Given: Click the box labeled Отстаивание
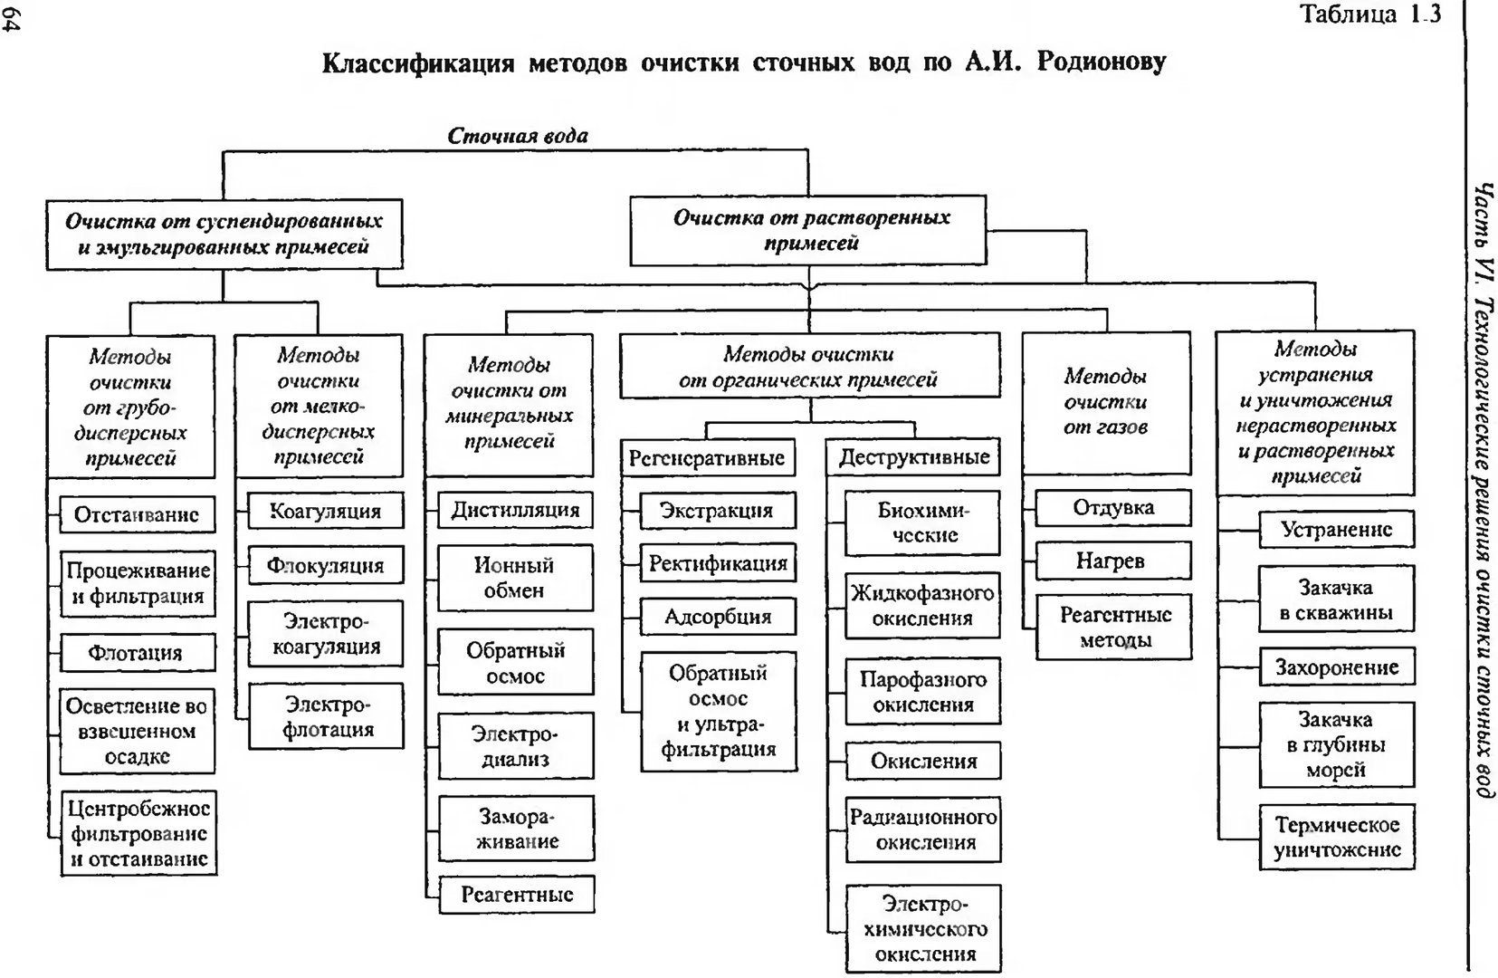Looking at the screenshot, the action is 137,514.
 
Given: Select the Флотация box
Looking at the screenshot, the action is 137,653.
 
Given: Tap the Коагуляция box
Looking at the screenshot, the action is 326,511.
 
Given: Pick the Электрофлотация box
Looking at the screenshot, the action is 327,715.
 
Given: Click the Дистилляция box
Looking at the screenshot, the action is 515,510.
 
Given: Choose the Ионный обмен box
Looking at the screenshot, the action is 515,578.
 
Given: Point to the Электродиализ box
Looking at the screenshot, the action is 516,746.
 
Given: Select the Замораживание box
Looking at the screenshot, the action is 516,829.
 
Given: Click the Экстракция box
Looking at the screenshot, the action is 718,511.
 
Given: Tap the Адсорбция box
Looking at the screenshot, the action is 719,616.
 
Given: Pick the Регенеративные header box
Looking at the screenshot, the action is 708,457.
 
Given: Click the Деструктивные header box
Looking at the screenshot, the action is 913,457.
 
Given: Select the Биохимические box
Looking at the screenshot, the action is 922,523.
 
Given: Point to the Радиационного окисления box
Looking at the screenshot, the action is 923,829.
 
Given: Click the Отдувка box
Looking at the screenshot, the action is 1113,508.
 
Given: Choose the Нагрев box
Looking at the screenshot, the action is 1113,561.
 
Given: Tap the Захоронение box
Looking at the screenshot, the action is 1337,666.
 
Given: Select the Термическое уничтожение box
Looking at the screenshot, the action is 1337,838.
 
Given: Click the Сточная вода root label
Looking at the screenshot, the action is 518,136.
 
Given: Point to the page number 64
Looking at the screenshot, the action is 12,24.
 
